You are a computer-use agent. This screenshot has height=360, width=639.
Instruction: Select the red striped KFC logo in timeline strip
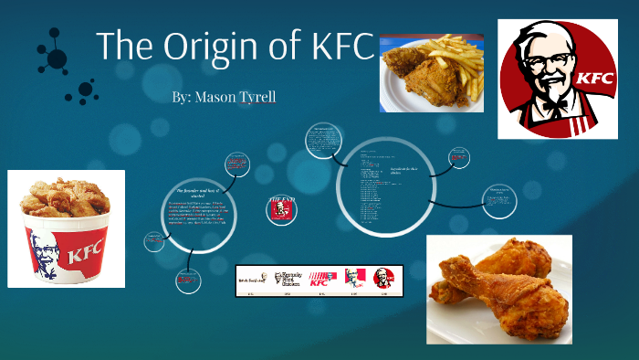point(318,279)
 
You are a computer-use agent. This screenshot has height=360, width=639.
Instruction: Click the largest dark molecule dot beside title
point(57,58)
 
